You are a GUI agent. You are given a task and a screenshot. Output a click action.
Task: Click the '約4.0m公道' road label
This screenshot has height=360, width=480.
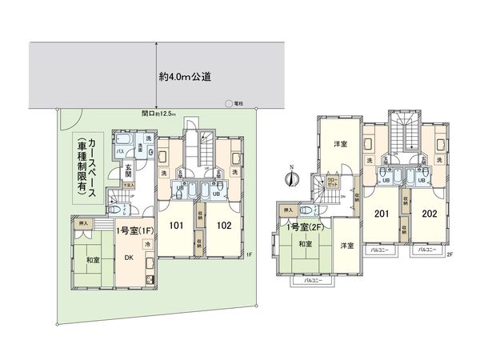pyautogui.click(x=186, y=78)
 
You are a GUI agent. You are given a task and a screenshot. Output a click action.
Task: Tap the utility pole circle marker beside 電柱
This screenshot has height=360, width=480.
pyautogui.click(x=228, y=104)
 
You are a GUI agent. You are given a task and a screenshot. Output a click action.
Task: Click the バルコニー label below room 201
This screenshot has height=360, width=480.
pyautogui.click(x=379, y=251)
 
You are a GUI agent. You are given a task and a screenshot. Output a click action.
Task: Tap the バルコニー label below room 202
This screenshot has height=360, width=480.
pyautogui.click(x=428, y=251)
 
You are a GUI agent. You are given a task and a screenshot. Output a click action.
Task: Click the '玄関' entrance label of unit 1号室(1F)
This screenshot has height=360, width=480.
pyautogui.click(x=128, y=167)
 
